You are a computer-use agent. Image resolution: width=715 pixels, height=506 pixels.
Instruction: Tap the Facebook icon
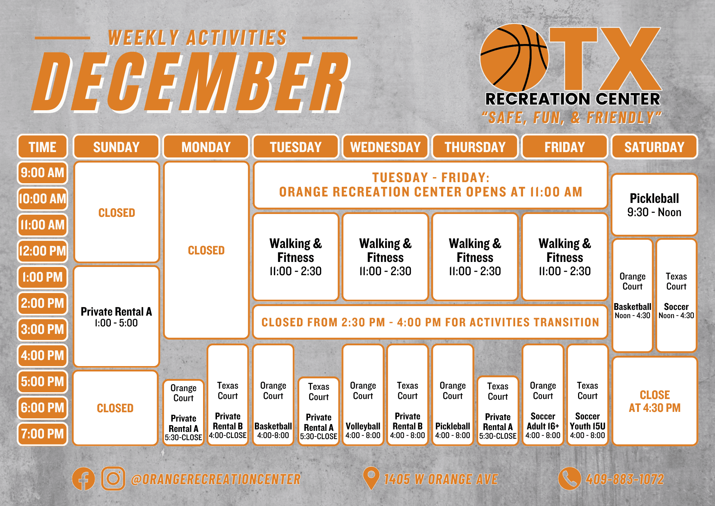(x=83, y=479)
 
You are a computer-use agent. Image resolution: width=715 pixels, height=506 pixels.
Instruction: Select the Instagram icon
(x=113, y=478)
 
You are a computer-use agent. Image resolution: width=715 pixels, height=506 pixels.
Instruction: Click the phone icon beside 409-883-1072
(x=569, y=478)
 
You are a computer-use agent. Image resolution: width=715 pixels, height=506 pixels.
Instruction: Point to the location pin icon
(x=371, y=478)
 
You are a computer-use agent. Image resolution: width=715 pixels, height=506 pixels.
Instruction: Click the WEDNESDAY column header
(x=385, y=147)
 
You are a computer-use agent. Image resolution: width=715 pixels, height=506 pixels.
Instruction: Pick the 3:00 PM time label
(x=42, y=329)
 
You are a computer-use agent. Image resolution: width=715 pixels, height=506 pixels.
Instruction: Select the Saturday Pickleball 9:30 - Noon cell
(x=654, y=205)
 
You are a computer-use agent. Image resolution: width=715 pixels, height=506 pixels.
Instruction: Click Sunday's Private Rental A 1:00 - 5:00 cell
(x=116, y=317)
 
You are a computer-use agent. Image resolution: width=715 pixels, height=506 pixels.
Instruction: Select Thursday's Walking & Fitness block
(x=475, y=257)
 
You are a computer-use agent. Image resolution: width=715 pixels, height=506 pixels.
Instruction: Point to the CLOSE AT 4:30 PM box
(x=654, y=401)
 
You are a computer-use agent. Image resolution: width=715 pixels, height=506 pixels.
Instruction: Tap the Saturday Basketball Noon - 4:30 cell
(x=632, y=296)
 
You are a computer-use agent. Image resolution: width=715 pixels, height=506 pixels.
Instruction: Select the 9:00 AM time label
(x=42, y=173)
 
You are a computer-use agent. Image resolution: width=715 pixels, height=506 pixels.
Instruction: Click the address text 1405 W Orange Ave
(x=441, y=479)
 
